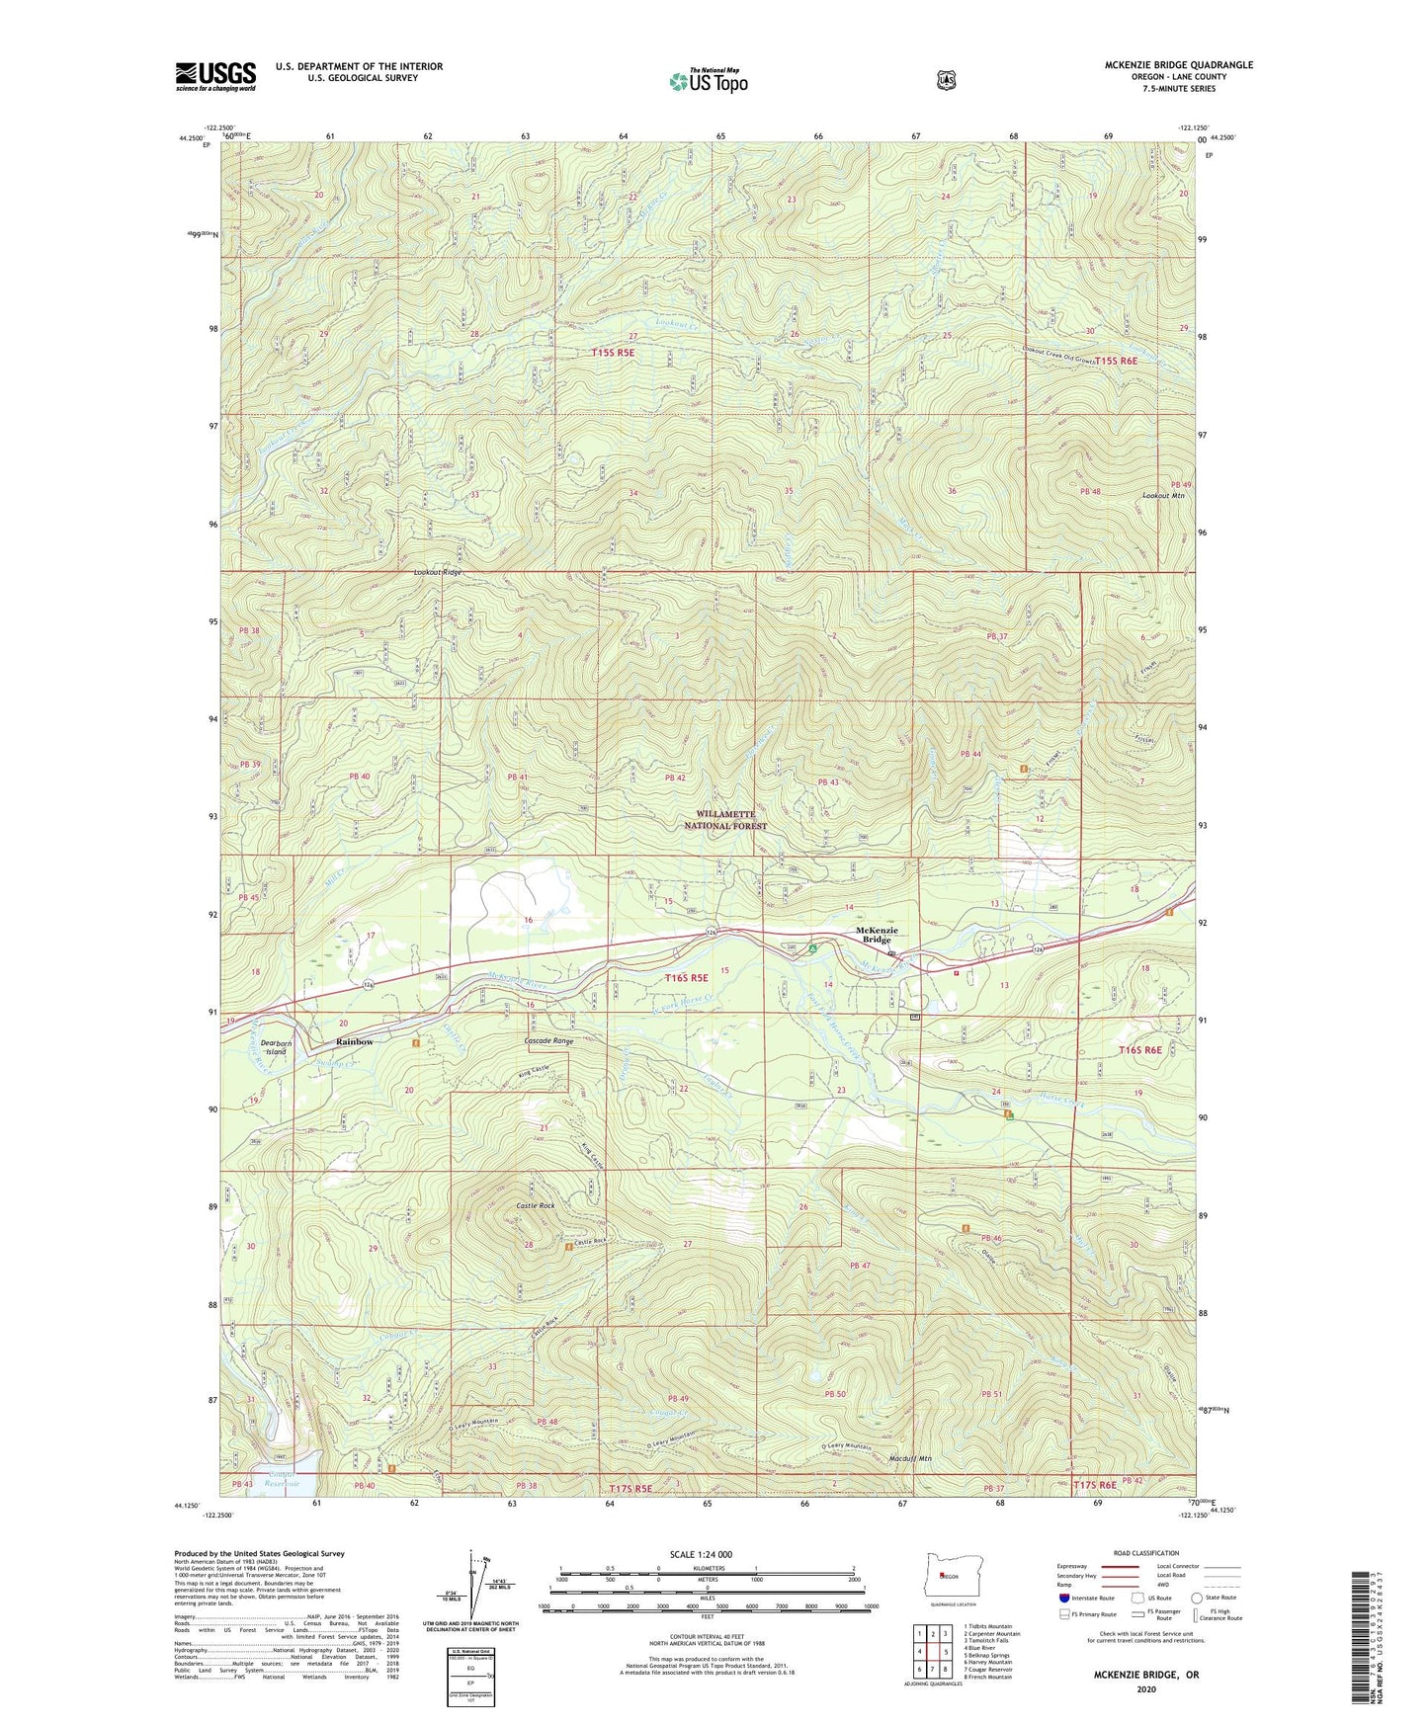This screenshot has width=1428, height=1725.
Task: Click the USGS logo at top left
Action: point(215,76)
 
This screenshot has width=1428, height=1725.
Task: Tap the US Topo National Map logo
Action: point(708,80)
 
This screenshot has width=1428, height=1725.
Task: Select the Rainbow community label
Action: point(355,1041)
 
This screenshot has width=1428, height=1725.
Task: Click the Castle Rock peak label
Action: point(536,1206)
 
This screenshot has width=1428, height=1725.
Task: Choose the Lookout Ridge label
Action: point(437,572)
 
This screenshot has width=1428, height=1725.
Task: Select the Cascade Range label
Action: point(548,1041)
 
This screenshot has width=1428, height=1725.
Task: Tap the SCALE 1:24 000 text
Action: point(701,1554)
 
